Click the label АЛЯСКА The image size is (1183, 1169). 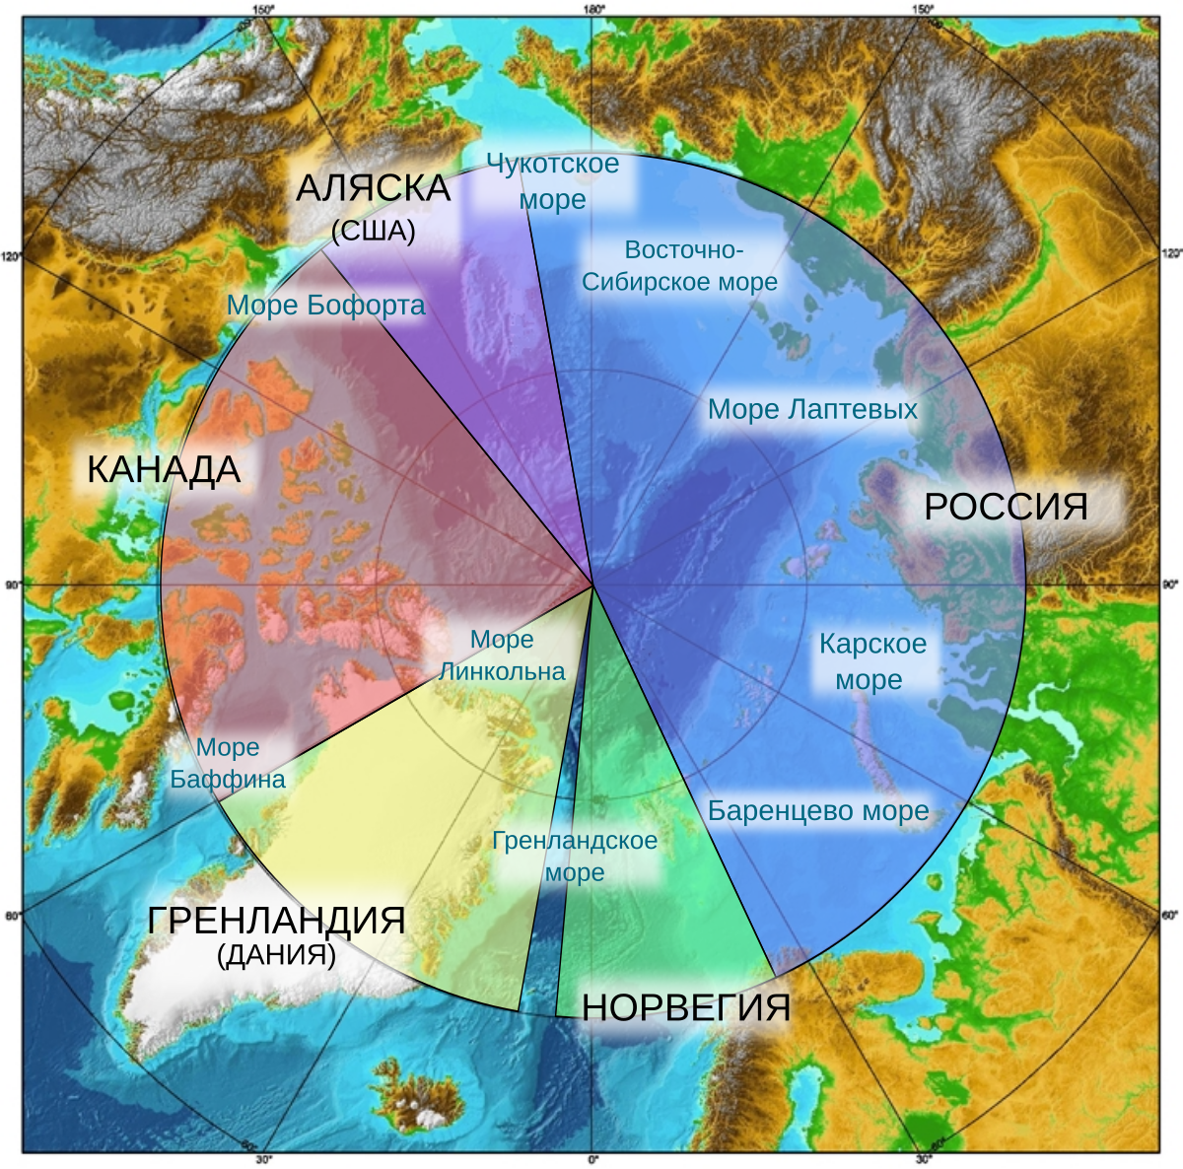[373, 188]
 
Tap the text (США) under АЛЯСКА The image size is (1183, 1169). [373, 231]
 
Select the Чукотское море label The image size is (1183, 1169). [553, 181]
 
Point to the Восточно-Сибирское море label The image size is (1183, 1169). [680, 266]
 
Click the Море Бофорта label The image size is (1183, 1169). [326, 306]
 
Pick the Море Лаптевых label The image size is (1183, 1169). [812, 409]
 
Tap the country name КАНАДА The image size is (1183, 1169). [164, 470]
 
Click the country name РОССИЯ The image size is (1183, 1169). [1006, 507]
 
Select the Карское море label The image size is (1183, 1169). [872, 661]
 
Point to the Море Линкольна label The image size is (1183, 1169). [503, 655]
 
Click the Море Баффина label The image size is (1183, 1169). [228, 763]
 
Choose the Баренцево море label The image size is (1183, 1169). [818, 811]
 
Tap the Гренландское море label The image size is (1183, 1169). [575, 857]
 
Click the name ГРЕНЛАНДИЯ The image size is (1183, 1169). [276, 920]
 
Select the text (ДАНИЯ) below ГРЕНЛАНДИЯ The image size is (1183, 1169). [276, 954]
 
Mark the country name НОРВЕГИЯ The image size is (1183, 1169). [686, 1007]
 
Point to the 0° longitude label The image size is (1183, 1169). [592, 1159]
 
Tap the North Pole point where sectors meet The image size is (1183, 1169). [592, 584]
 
